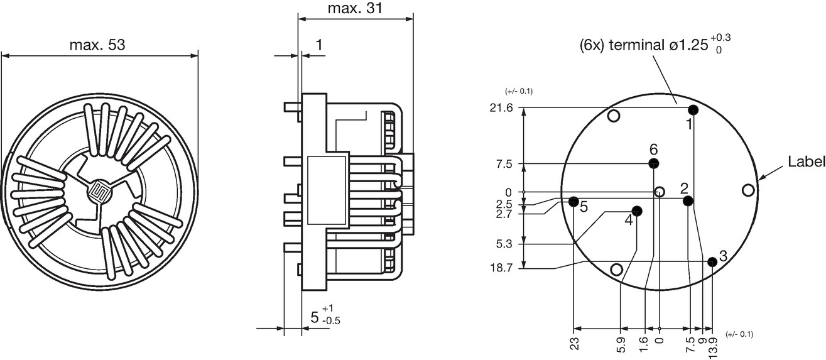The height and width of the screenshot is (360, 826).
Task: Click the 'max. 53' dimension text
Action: pos(97,45)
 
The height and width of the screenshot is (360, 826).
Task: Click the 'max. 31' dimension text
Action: pos(355,8)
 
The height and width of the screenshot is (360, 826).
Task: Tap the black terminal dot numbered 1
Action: pos(693,110)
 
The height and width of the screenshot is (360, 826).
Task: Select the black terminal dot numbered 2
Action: pos(688,201)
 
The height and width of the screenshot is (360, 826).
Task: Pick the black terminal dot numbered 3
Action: pos(712,262)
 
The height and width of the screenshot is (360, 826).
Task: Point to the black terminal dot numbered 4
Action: pos(637,211)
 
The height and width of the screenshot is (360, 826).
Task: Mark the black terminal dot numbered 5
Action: pos(573,202)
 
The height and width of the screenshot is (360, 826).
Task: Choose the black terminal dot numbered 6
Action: pos(654,163)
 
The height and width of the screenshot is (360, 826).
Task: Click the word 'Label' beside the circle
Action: pos(806,161)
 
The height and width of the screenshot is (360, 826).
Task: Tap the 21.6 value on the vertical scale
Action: pos(501,107)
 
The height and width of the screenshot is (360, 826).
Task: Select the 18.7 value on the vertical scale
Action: pos(501,268)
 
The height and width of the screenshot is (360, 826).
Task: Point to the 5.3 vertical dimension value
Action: pos(504,244)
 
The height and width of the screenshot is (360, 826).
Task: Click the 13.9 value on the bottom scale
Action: pos(712,347)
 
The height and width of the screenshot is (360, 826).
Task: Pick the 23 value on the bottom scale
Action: pos(575,344)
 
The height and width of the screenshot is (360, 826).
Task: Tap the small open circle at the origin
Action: pos(660,192)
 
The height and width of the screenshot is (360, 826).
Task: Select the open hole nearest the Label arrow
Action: pos(749,190)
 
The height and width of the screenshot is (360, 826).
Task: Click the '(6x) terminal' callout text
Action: pos(621,46)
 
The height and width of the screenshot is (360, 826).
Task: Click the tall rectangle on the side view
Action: pos(327,190)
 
